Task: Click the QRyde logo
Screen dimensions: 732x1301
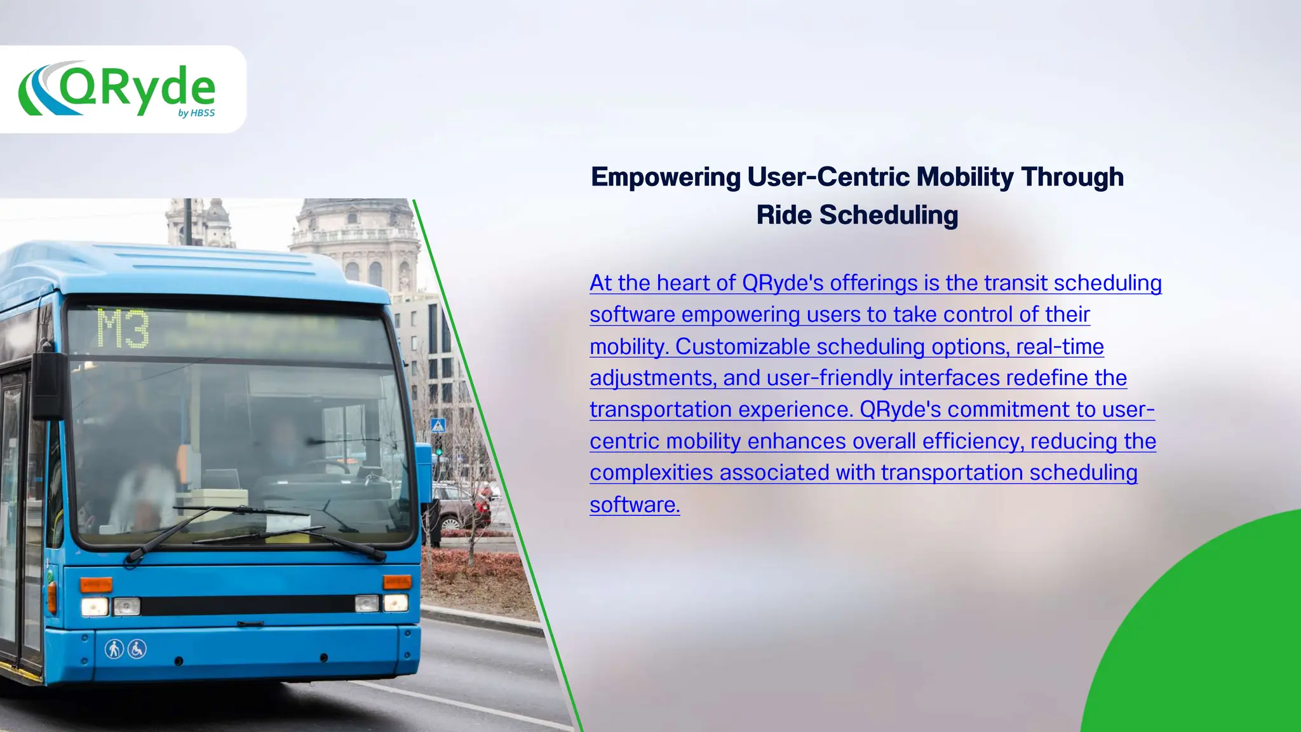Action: coord(118,89)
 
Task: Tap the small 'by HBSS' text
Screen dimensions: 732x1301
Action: coord(196,113)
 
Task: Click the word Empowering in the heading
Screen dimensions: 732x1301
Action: coord(665,177)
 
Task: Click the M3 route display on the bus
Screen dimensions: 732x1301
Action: coord(123,329)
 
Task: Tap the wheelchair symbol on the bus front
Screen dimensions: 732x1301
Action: coord(137,649)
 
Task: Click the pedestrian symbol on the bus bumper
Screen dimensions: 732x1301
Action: coord(114,649)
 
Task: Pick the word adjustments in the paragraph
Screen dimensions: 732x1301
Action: coord(652,379)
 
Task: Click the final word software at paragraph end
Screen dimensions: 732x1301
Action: coord(634,505)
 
